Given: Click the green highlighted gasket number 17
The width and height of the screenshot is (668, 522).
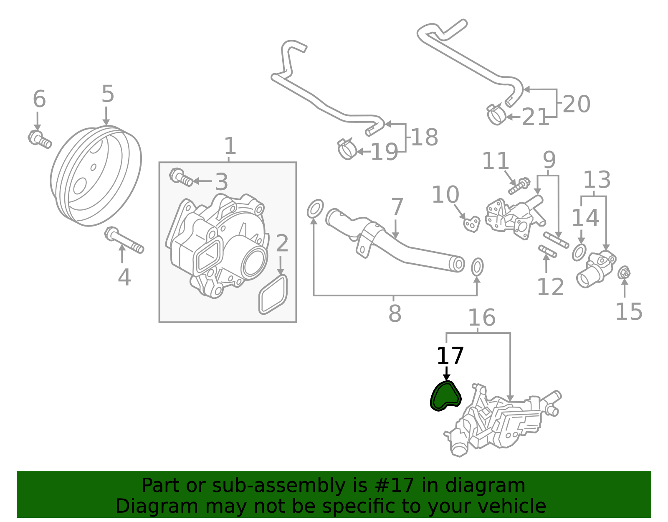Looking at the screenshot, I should click(x=445, y=397).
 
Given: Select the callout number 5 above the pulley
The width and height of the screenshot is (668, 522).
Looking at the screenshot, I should click(x=107, y=94).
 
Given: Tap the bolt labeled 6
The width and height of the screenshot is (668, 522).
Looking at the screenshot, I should click(x=40, y=139).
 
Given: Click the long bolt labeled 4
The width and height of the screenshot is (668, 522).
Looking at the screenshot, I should click(x=124, y=241).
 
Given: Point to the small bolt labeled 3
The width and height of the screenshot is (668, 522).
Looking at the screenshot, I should click(x=181, y=177).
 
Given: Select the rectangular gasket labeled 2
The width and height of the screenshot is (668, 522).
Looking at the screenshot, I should click(x=273, y=294).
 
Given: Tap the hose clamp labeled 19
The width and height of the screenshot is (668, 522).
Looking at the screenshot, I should click(x=347, y=149).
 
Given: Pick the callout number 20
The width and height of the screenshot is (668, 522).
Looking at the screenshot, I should click(x=576, y=104).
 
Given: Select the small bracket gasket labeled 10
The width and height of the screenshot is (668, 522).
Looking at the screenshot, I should click(x=472, y=224).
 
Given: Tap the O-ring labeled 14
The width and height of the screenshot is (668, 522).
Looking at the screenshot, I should click(x=579, y=252).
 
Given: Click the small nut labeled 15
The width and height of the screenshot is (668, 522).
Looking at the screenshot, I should click(x=624, y=273).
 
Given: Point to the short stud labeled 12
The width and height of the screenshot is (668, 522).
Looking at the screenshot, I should click(x=547, y=252).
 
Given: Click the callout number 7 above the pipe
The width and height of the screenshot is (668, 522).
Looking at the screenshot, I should click(x=397, y=207).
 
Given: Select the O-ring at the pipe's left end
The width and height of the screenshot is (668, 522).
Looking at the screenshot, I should click(x=315, y=209).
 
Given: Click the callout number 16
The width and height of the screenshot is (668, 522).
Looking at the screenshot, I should click(x=481, y=318).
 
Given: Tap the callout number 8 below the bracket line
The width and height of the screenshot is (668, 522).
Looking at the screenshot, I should click(x=395, y=313).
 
